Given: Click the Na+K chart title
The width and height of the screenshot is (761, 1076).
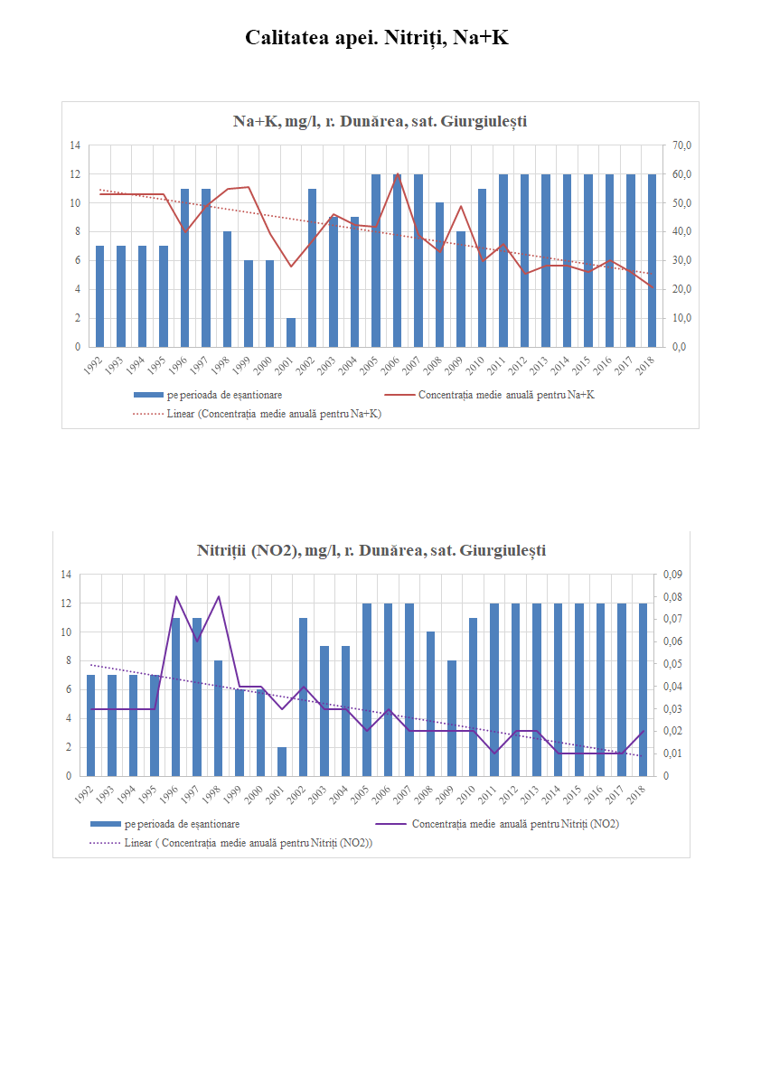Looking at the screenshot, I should (x=380, y=121).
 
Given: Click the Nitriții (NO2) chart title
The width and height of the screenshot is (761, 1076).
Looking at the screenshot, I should (x=371, y=550).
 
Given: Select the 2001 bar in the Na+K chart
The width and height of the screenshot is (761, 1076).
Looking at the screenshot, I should (x=291, y=332).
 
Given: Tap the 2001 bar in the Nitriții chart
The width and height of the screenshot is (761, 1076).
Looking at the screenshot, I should (x=283, y=762).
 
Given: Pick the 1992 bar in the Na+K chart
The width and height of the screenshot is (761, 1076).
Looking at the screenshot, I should (x=99, y=296).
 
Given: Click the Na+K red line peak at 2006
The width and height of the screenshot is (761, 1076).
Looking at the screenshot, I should (x=397, y=173).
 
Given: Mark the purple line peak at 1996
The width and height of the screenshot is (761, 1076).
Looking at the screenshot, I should (x=177, y=596).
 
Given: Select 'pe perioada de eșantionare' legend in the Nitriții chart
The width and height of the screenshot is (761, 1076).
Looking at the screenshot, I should (x=181, y=824).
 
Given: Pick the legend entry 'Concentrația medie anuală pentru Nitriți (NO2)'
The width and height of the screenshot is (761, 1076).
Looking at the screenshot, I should (x=514, y=824).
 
